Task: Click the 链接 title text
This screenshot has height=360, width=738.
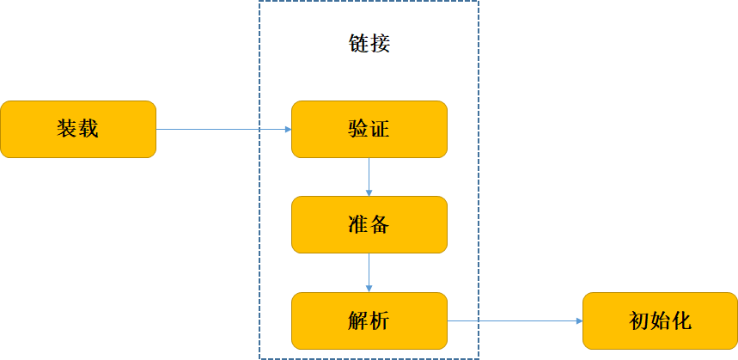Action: click(369, 44)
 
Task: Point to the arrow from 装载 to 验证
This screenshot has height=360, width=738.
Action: click(223, 130)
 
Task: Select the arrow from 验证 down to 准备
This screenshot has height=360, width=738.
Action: click(369, 176)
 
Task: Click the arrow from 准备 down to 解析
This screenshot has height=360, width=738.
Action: click(369, 272)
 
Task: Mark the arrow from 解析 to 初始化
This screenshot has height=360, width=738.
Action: click(515, 320)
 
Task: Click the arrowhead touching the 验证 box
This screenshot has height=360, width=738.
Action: click(288, 130)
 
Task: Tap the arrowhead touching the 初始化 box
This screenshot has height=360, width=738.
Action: click(578, 320)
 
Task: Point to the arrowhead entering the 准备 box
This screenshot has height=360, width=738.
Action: click(369, 192)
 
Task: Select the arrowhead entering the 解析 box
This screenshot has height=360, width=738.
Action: click(369, 288)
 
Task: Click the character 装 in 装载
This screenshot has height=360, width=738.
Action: click(68, 130)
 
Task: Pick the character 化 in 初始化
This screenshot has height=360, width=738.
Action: click(681, 321)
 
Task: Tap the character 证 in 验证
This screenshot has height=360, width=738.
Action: click(380, 130)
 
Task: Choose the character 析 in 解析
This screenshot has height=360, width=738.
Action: click(380, 321)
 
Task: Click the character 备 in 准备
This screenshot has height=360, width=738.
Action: click(380, 225)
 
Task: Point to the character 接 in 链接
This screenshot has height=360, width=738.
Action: click(380, 44)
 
